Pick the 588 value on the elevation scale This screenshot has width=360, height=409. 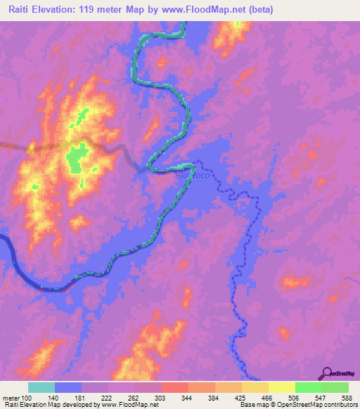click(347, 398)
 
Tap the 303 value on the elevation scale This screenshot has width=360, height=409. click(162, 398)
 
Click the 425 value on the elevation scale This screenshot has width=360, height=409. click(241, 398)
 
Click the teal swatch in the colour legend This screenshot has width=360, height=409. click(41, 387)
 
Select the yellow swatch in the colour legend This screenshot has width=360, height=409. click(281, 387)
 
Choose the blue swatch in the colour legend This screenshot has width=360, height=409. click(68, 387)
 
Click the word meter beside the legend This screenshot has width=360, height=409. click(12, 398)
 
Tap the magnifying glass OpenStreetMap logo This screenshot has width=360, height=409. click(326, 373)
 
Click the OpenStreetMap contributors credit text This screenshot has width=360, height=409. click(320, 405)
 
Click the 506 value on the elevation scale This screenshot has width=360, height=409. click(295, 398)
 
